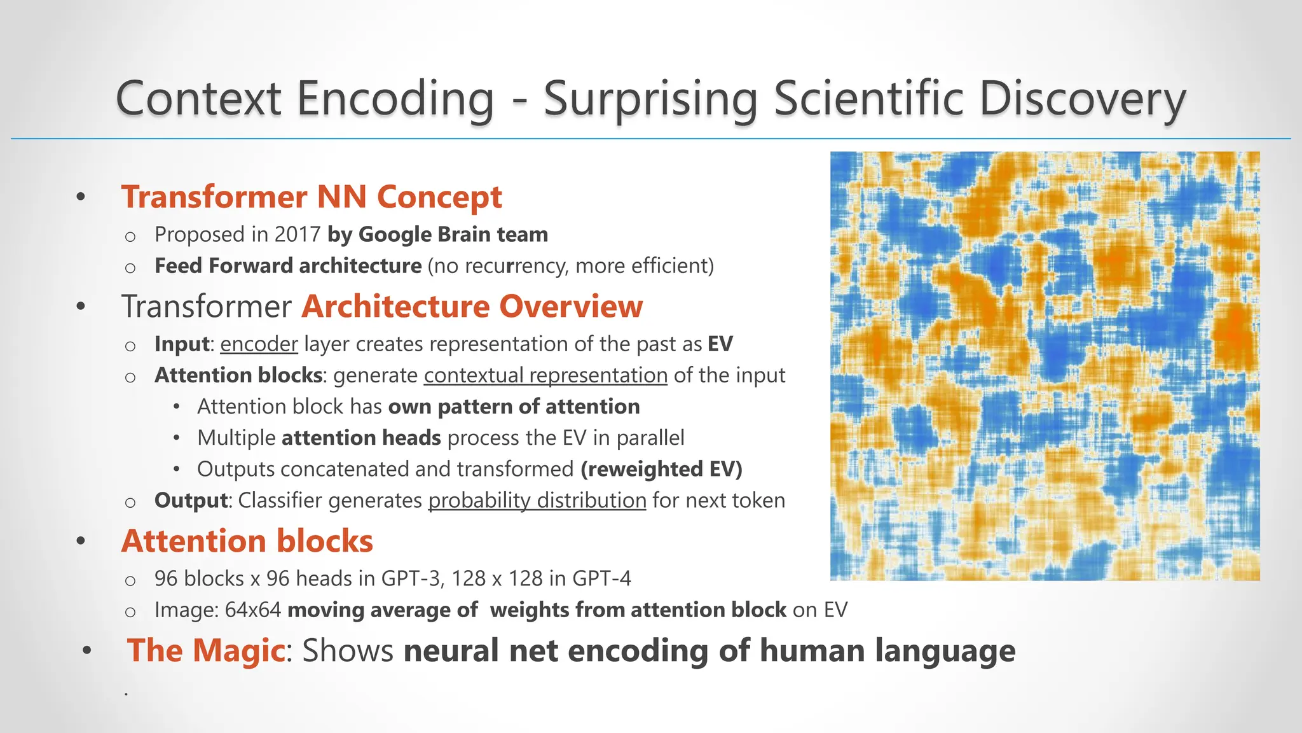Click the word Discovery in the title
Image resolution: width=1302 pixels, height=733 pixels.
[1082, 99]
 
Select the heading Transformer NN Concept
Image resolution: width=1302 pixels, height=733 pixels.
[312, 197]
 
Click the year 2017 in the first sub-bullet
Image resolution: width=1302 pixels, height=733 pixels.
[297, 234]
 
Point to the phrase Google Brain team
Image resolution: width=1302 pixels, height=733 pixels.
[453, 234]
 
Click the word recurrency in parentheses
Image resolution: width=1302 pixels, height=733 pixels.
[518, 265]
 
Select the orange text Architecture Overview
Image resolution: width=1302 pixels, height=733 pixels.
[472, 306]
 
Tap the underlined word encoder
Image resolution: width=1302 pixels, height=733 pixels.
[259, 344]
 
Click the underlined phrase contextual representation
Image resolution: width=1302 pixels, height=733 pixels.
[545, 375]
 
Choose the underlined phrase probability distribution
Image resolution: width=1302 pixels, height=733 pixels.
[537, 500]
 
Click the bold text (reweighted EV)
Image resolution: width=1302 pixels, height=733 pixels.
[661, 469]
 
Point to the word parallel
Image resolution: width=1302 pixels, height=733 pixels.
[650, 438]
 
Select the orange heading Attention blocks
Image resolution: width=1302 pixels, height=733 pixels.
[247, 541]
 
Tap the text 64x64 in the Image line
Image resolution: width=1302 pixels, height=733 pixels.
[252, 610]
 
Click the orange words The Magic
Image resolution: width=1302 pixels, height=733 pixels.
[205, 650]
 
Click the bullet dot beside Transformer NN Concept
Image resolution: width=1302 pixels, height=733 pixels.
[81, 197]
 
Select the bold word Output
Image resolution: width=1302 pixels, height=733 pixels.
[191, 500]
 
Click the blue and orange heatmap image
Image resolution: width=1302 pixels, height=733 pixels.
[1045, 366]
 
